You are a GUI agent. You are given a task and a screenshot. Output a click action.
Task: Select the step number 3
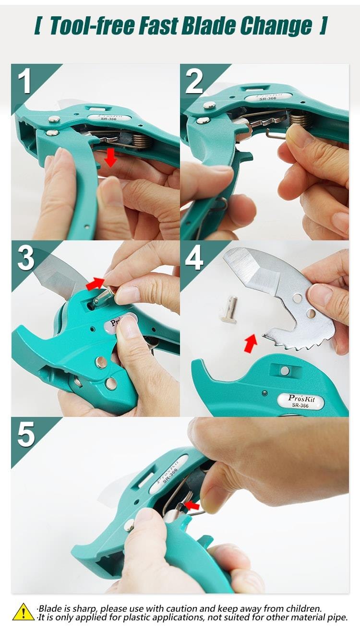[26, 258]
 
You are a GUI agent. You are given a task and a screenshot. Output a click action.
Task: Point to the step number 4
[194, 258]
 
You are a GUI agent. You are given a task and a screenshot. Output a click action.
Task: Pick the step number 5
[26, 435]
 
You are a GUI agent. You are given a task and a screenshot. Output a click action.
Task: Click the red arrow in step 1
[110, 157]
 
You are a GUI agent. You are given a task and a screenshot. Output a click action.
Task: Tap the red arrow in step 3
[95, 284]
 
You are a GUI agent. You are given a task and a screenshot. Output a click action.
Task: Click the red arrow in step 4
[251, 344]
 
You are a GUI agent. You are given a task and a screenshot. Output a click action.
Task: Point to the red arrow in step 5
[192, 505]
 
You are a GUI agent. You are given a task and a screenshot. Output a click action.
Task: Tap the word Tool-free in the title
[92, 26]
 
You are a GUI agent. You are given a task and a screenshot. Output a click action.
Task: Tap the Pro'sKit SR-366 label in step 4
[301, 401]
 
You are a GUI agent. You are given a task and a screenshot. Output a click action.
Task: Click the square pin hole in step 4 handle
[285, 370]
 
